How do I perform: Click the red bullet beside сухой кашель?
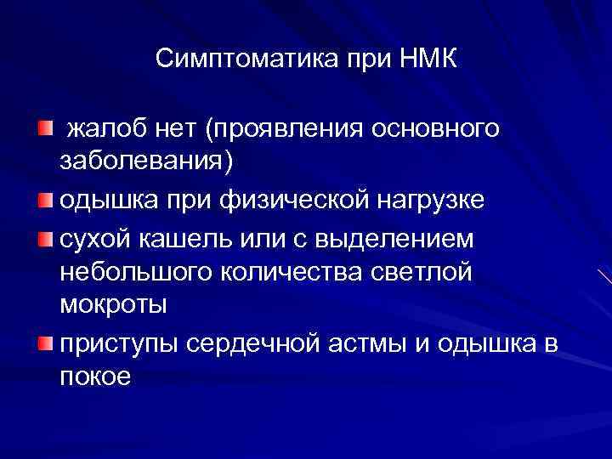(44, 241)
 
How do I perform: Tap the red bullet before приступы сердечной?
(44, 343)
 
